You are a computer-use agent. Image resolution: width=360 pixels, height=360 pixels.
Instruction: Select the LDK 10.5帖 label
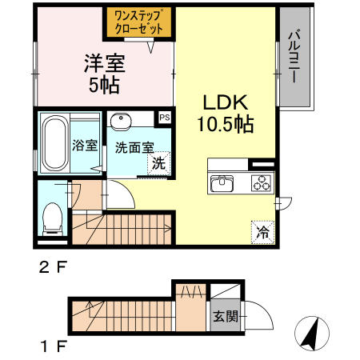pos(227,114)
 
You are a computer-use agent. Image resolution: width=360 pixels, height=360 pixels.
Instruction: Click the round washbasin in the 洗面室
pos(122,121)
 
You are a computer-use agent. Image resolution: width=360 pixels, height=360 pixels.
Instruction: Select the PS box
pos(165,117)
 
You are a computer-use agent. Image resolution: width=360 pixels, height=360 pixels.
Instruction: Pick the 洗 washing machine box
pos(160,162)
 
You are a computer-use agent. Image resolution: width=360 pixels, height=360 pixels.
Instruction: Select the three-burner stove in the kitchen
pos(260,182)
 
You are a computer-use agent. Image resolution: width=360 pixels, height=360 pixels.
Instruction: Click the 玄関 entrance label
pos(224,316)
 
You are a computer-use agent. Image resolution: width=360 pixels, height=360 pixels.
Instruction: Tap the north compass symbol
pos(311,330)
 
